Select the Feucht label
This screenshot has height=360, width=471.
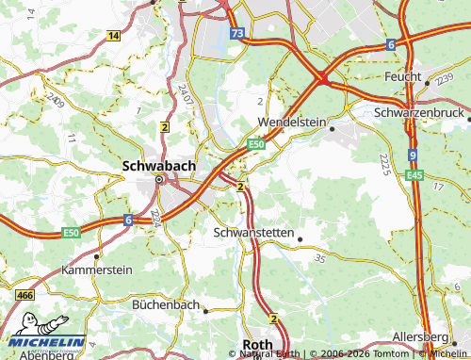pos(404,75)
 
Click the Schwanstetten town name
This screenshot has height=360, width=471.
pos(254,231)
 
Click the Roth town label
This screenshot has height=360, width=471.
pos(257,345)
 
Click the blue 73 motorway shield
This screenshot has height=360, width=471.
pos(238,33)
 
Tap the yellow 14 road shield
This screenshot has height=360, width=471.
pos(113,35)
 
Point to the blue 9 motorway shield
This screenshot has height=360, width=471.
pos(413,154)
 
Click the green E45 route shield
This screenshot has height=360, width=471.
pos(414,175)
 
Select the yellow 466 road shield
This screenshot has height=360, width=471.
pos(25,296)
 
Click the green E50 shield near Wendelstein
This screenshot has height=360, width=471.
pos(255,144)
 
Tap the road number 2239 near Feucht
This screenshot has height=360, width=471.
pos(444,82)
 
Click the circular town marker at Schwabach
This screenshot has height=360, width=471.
pos(159,179)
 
